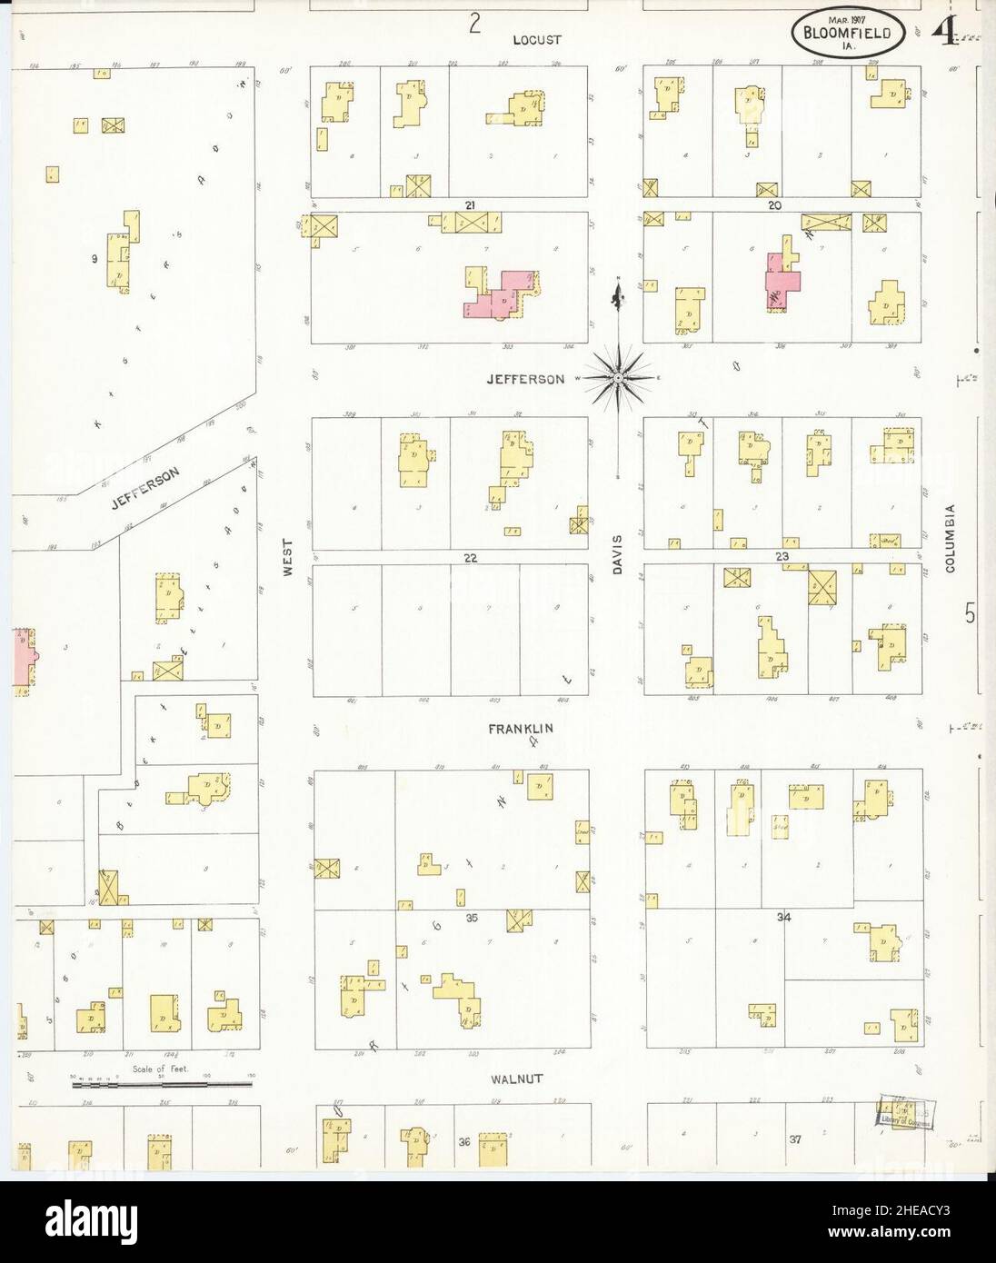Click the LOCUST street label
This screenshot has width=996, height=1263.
(x=537, y=40)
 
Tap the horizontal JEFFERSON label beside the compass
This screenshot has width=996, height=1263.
(x=538, y=379)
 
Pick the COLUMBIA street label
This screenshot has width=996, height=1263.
(x=951, y=539)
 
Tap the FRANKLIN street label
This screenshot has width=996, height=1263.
(x=520, y=729)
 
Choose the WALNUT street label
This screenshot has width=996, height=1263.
(x=516, y=1079)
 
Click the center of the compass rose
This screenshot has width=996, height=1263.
(x=617, y=376)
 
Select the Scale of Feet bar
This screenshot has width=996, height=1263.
(x=162, y=1083)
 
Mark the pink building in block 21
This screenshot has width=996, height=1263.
(x=499, y=295)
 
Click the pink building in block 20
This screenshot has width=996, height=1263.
(x=783, y=280)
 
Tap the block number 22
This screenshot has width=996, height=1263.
(x=470, y=558)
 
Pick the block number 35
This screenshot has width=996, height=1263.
(x=472, y=919)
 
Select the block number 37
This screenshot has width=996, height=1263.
(x=796, y=1139)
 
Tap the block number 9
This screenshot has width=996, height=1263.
(x=95, y=259)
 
